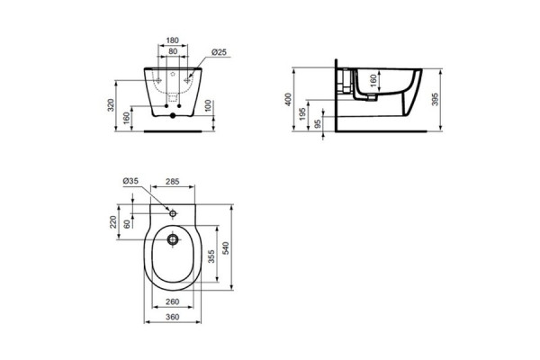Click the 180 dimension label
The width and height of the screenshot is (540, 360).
click(x=173, y=40)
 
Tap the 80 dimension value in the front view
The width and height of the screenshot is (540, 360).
click(x=173, y=51)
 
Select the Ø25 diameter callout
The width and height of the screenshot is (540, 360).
click(x=219, y=52)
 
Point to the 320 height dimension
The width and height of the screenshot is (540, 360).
click(x=111, y=105)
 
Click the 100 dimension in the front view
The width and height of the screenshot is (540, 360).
click(x=208, y=106)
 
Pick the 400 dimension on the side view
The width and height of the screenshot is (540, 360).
click(x=288, y=100)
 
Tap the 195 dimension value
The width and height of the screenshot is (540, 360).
click(x=302, y=114)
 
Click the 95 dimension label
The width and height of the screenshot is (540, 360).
click(x=318, y=123)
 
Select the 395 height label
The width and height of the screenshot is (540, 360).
click(x=435, y=99)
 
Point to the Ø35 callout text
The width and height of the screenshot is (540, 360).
click(x=130, y=181)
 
